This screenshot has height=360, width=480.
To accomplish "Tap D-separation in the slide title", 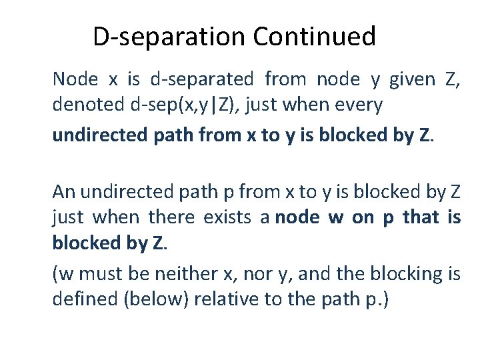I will point(169,37).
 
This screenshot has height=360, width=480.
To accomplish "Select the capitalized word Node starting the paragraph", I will point(75,80).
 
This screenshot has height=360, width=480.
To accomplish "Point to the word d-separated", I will point(202,80).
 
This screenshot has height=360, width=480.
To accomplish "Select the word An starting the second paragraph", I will point(63,193).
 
